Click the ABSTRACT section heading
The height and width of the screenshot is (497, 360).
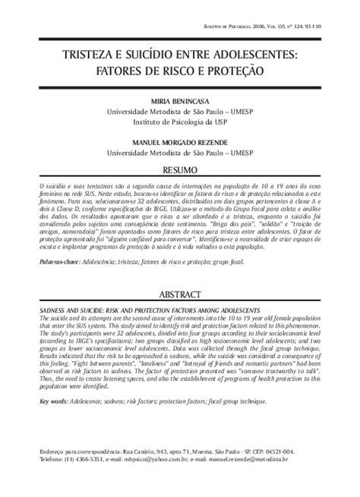coord(179,294)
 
